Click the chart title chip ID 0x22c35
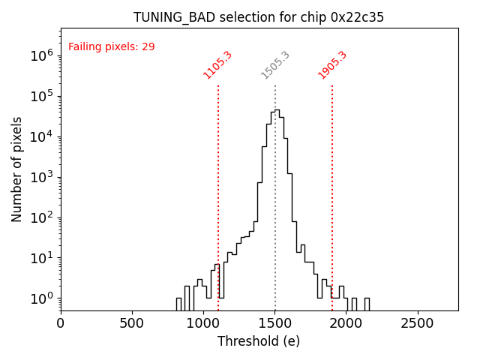pos(357,17)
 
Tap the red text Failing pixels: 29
pos(111,46)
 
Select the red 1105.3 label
pos(217,64)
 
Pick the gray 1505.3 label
pos(275,64)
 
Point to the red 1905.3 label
pos(332,64)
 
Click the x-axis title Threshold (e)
pos(259,341)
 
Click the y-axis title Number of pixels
pos(16,169)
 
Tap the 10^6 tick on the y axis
pos(43,55)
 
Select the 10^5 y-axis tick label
pos(43,96)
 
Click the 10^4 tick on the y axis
pos(43,136)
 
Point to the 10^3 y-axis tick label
pos(43,177)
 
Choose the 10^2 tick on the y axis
pos(43,217)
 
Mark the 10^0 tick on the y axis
pos(43,298)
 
